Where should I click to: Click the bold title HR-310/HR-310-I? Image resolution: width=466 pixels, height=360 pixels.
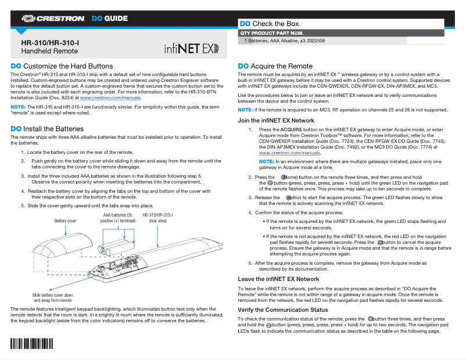[x=50, y=43]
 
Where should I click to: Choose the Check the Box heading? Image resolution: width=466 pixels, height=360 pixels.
[x=276, y=24]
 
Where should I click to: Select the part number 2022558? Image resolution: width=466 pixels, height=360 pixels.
[x=313, y=41]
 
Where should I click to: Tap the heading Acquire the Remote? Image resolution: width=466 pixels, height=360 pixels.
[x=284, y=66]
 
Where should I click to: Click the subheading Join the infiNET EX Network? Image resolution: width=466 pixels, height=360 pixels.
[x=276, y=121]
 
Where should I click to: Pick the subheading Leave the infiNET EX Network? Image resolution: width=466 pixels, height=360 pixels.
[x=278, y=279]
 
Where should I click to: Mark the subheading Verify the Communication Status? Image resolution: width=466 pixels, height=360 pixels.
[x=283, y=310]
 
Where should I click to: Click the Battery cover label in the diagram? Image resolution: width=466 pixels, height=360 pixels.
[x=65, y=221]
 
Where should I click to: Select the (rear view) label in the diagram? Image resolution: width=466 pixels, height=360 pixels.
[x=158, y=221]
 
